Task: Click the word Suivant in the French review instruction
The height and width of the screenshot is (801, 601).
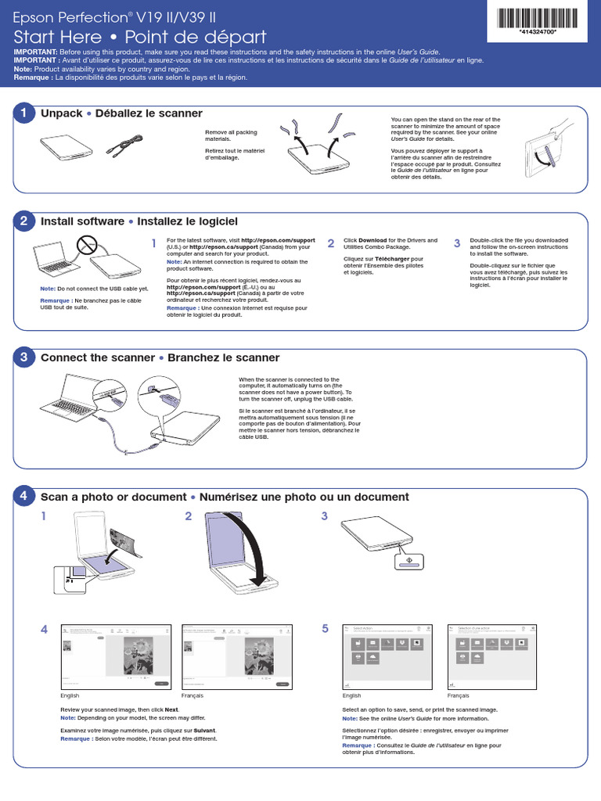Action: tap(204, 730)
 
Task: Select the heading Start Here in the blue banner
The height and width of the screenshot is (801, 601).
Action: tap(58, 38)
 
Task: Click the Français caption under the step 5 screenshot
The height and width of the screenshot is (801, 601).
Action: tap(459, 695)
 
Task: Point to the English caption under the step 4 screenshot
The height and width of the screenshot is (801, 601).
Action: tap(70, 695)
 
